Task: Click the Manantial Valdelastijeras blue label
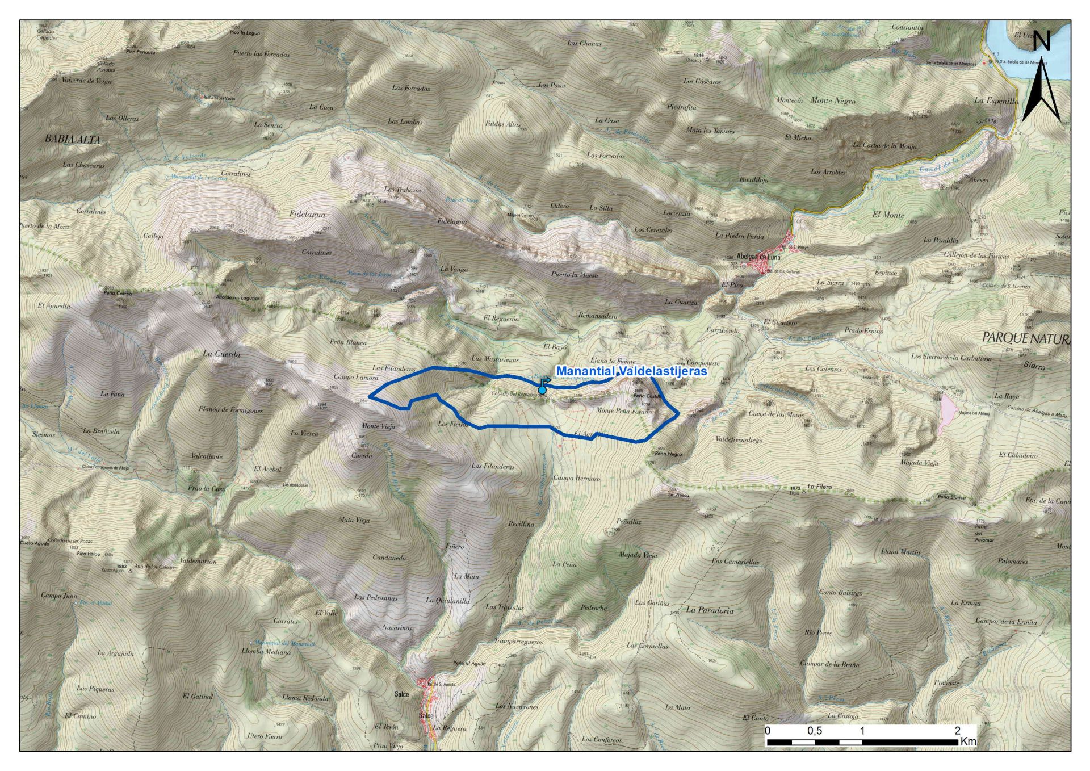click(x=631, y=371)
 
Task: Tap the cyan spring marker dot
click(x=542, y=390)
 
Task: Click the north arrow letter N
click(x=1041, y=41)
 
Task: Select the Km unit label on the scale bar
click(x=968, y=741)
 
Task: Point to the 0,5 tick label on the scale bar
click(x=815, y=731)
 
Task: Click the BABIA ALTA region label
click(x=73, y=139)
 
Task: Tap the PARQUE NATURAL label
click(x=1026, y=338)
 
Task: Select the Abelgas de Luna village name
click(x=758, y=257)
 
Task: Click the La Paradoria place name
click(x=710, y=611)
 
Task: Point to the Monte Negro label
click(x=832, y=100)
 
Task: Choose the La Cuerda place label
click(x=221, y=354)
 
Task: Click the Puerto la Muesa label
click(x=574, y=275)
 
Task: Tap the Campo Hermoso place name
click(x=576, y=478)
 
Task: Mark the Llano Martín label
click(x=900, y=551)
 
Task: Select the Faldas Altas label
click(x=502, y=124)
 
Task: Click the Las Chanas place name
click(x=584, y=43)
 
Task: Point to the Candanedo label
click(x=389, y=558)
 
